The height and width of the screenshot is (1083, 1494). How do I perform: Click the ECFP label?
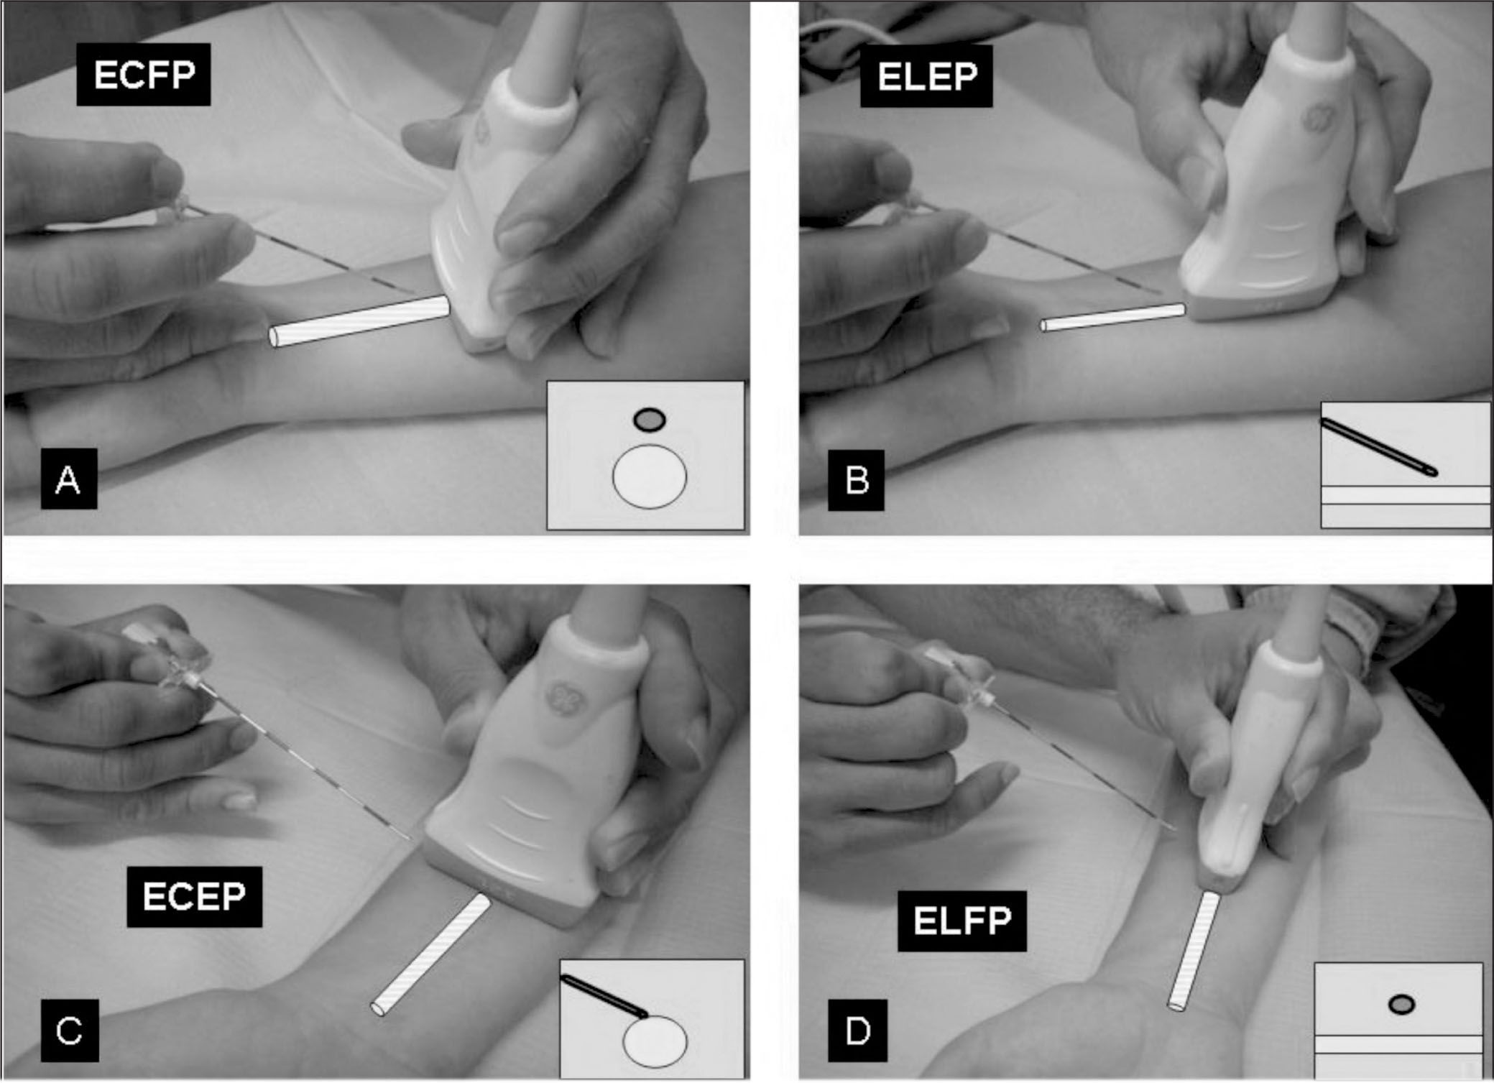coord(144,75)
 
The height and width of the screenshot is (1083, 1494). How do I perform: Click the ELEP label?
coord(926,76)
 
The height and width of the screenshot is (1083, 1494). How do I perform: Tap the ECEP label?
coord(194,897)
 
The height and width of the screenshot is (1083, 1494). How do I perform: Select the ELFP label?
coord(962,921)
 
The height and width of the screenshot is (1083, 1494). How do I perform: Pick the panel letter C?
coord(69,1031)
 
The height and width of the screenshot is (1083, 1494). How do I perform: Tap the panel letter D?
coord(856,1031)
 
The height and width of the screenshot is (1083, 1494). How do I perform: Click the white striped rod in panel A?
coord(360,323)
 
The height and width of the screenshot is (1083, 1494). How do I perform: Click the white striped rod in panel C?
coord(430,954)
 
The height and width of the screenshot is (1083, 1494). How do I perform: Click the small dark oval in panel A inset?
coord(649,419)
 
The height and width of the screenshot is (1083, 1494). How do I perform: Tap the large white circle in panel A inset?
coord(649,476)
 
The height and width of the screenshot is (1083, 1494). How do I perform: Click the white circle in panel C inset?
coord(655,1041)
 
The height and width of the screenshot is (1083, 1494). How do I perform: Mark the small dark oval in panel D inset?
coord(1401,1004)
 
